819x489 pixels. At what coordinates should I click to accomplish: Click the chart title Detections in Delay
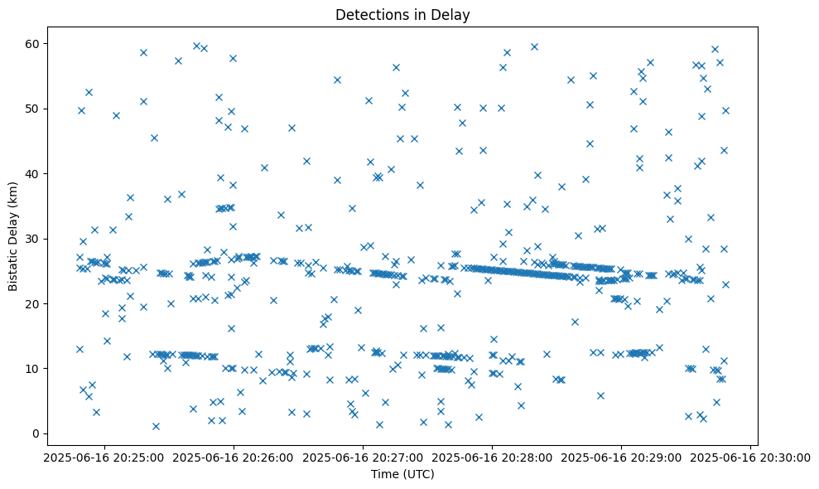tap(402, 15)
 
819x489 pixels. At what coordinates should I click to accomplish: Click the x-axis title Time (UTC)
tap(402, 474)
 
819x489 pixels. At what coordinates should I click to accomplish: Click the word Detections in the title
tap(368, 15)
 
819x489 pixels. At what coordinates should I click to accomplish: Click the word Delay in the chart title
tap(453, 15)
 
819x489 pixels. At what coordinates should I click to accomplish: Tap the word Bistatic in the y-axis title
tap(13, 268)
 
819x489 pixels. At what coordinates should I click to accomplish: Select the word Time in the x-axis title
tap(384, 474)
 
